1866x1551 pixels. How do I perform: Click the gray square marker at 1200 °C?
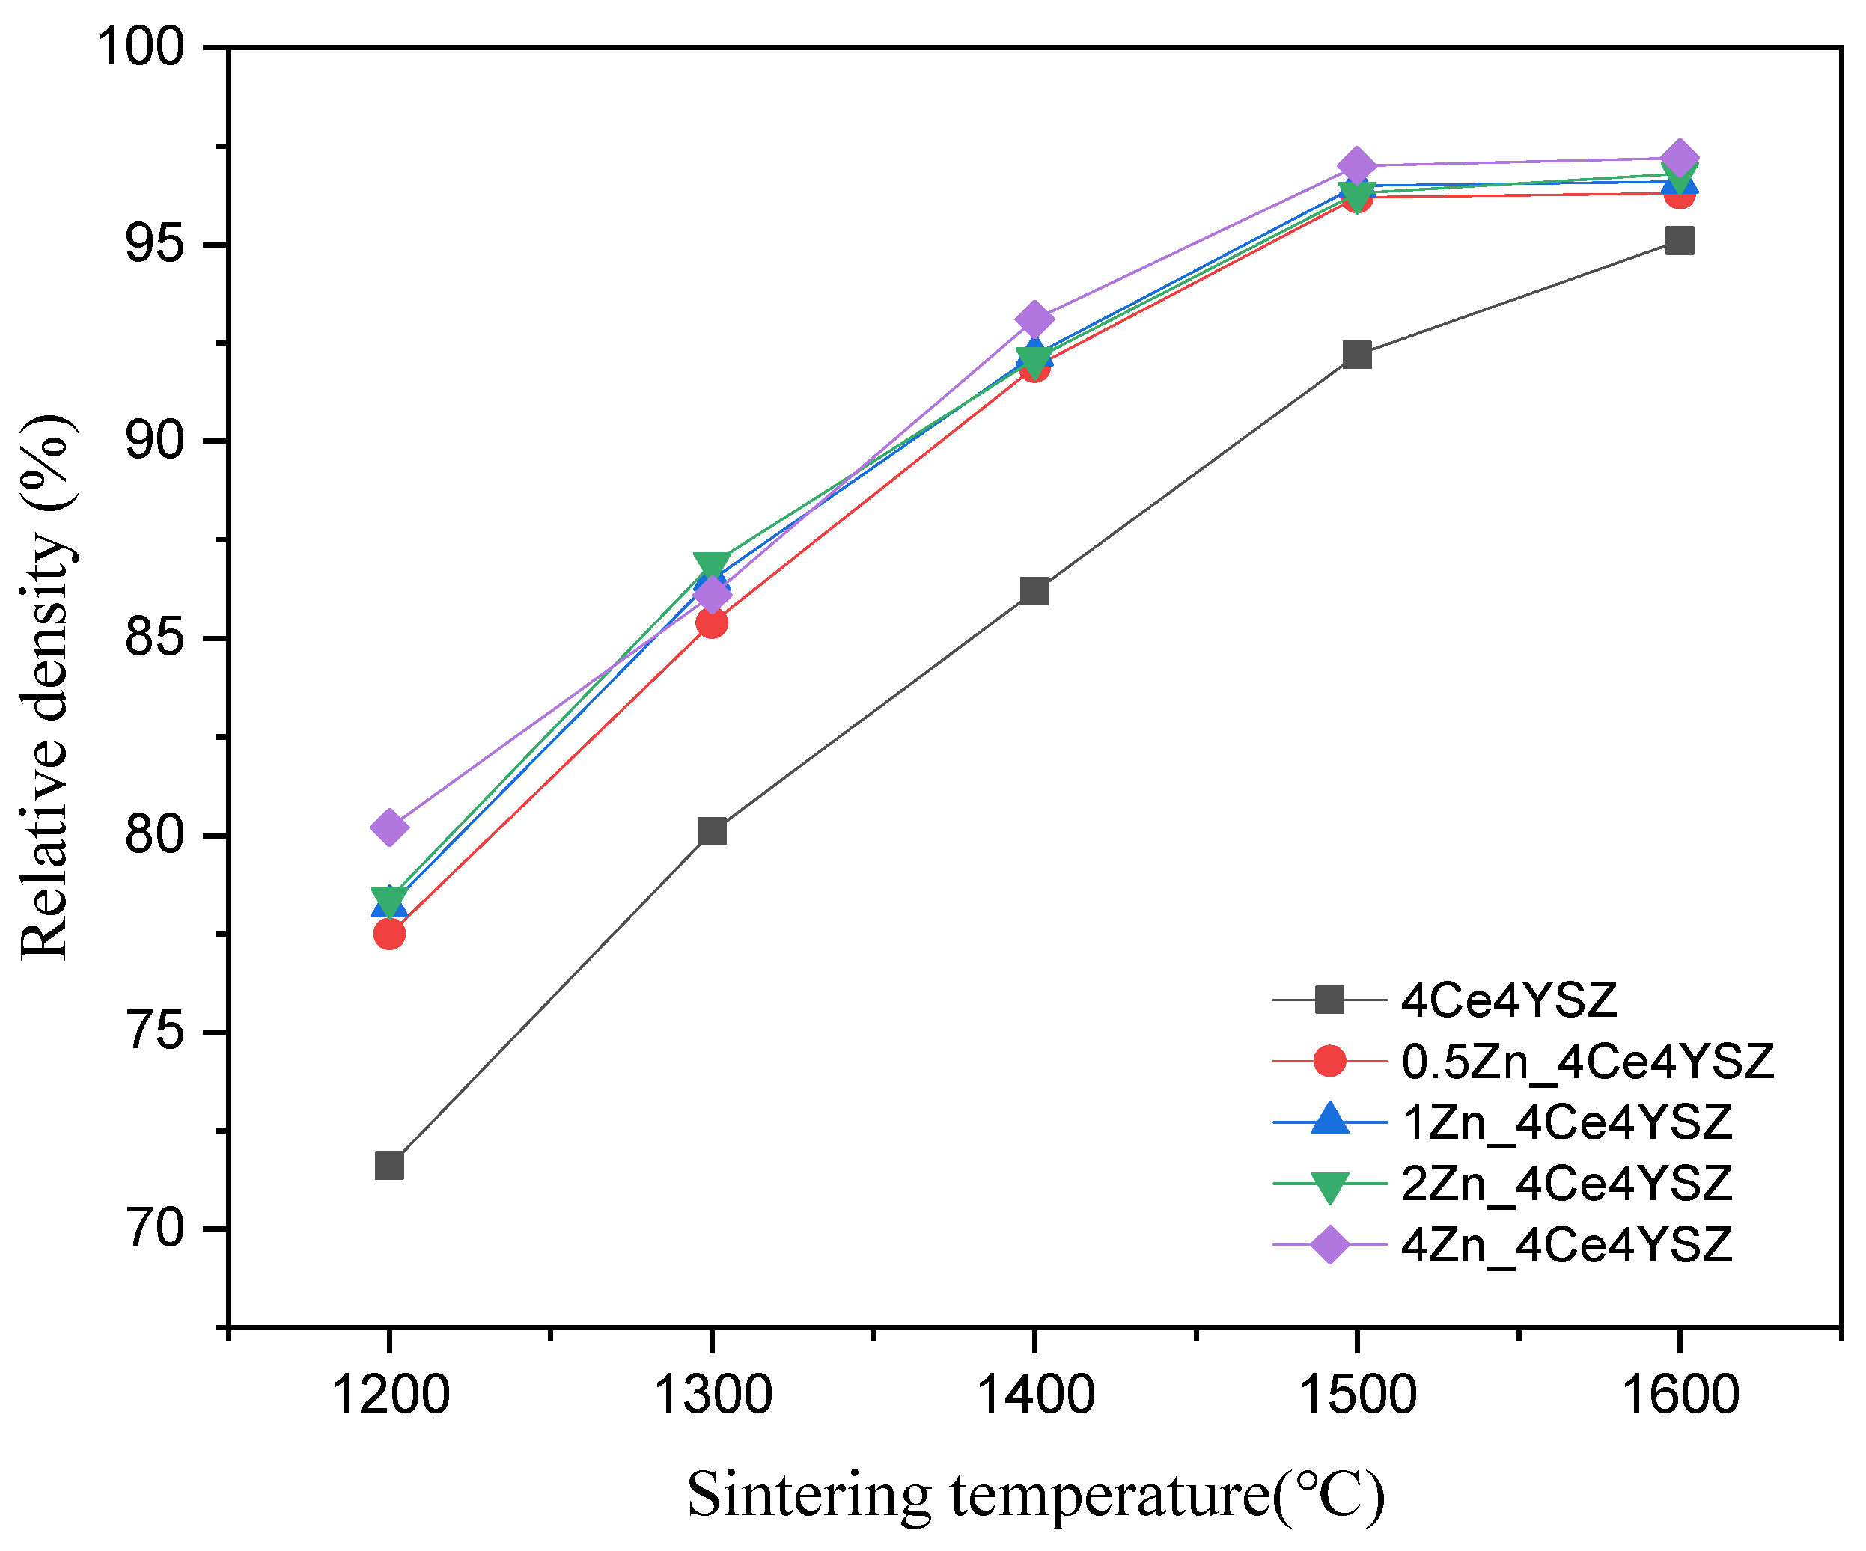389,1166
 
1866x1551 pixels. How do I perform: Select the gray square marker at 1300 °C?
712,831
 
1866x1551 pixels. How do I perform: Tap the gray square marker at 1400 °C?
1034,591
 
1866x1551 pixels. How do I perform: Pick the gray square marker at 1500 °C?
1357,355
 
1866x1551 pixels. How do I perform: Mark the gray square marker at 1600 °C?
1680,241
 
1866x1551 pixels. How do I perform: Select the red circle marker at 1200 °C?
389,934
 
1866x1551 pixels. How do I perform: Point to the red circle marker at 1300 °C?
712,623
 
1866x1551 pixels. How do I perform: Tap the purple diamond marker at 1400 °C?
1034,319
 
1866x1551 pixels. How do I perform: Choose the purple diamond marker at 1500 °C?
1357,166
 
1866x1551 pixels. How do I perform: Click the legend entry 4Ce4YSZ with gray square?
1508,1000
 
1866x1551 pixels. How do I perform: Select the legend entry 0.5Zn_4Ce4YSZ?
1587,1062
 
